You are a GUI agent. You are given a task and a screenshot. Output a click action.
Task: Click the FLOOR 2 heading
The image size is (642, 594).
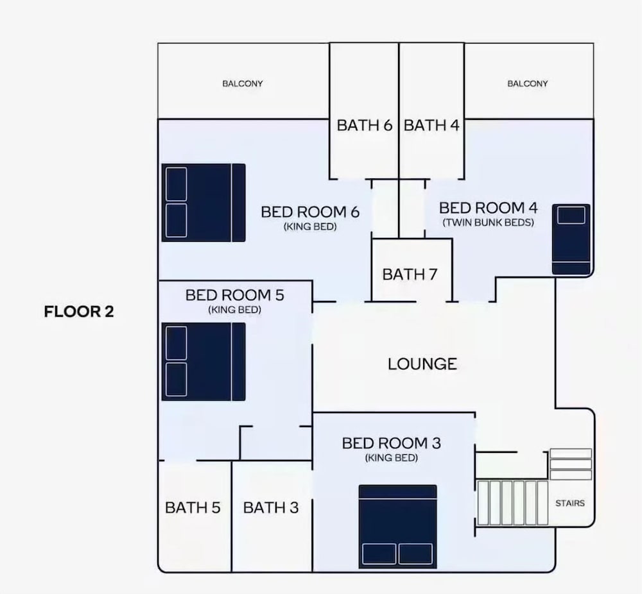(x=78, y=312)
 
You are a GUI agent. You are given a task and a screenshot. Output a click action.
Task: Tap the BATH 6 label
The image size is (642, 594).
(x=365, y=125)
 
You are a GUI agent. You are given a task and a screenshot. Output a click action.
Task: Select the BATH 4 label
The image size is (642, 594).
(x=431, y=125)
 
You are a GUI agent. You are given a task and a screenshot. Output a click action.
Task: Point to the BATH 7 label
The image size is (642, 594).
(x=410, y=274)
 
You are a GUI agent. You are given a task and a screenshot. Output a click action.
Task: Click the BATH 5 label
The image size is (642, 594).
(x=193, y=507)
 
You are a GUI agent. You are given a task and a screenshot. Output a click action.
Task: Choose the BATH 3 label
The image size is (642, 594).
(x=271, y=507)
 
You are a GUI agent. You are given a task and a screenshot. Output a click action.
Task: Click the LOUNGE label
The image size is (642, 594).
(x=422, y=364)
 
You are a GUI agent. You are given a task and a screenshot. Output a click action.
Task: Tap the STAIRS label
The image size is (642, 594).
(x=570, y=503)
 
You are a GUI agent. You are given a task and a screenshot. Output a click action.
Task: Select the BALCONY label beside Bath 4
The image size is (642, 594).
(x=527, y=83)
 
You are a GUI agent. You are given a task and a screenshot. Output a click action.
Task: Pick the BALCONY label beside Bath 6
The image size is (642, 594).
(x=243, y=83)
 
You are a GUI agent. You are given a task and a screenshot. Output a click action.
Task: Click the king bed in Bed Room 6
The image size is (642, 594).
(x=204, y=203)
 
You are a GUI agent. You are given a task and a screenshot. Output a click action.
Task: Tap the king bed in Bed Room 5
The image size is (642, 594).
(x=204, y=362)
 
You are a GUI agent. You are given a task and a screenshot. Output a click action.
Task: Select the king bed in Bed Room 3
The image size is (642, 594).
(x=397, y=527)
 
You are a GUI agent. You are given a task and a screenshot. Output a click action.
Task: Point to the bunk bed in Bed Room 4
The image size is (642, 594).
(x=571, y=239)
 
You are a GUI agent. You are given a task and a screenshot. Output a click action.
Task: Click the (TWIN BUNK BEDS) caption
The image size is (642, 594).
(x=488, y=223)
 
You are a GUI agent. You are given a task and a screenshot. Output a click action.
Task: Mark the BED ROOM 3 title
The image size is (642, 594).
(x=392, y=443)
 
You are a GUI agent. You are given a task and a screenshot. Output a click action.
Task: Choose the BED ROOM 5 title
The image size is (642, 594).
(x=234, y=295)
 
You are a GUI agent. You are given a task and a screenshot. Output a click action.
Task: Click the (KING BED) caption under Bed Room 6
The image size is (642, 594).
(x=310, y=226)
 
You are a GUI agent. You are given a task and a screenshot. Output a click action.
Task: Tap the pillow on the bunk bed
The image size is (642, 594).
(x=571, y=215)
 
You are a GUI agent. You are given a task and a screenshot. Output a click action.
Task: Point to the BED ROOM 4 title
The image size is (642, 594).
(x=488, y=208)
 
